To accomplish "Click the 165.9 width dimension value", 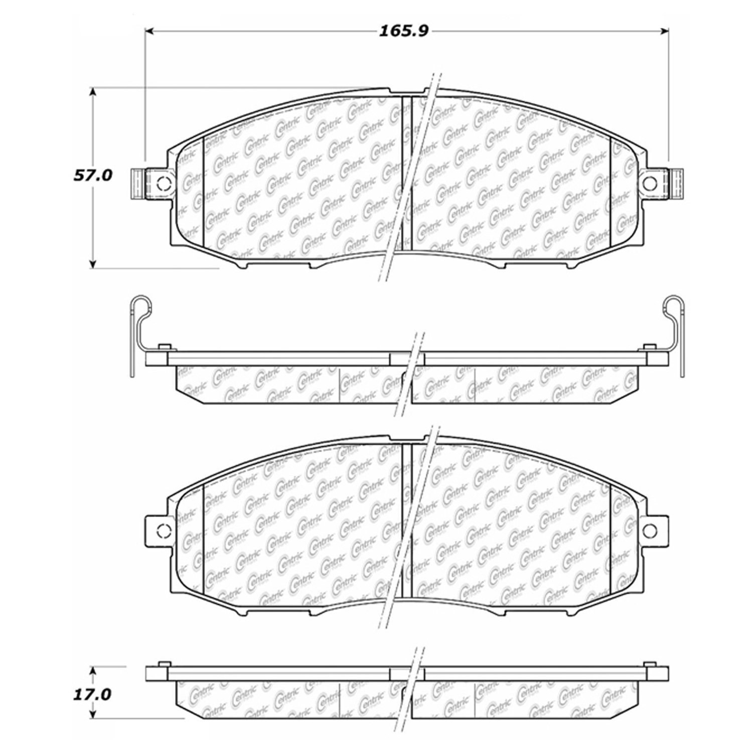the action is coord(403,32).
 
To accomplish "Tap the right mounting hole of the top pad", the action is coord(651,184).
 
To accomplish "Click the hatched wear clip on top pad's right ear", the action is coord(677,184).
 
